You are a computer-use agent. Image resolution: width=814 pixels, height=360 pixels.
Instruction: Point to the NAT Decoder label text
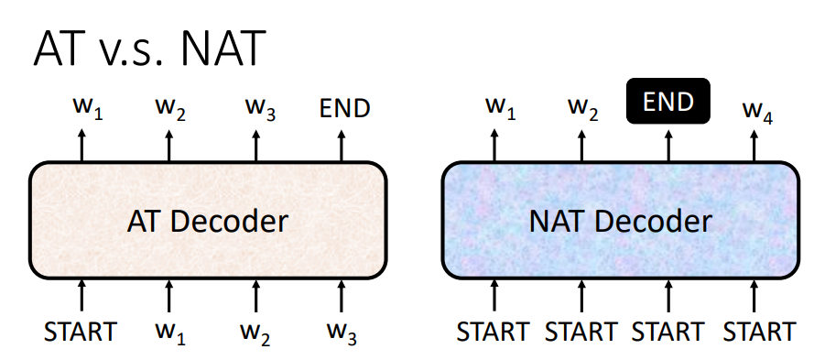click(x=620, y=221)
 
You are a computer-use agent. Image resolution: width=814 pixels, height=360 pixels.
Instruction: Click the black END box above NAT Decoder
click(x=667, y=102)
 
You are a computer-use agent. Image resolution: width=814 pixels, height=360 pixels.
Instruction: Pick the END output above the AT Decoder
click(x=344, y=108)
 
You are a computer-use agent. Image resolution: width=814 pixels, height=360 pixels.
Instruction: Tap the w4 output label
click(x=756, y=112)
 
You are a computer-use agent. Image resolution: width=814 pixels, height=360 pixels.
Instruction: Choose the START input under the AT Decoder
click(x=81, y=331)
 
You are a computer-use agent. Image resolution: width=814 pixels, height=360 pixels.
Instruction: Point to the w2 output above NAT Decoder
click(x=581, y=108)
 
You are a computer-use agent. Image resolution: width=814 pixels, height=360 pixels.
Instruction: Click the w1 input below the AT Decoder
click(x=169, y=332)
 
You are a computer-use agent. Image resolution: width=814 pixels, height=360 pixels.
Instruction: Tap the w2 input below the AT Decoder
click(x=256, y=332)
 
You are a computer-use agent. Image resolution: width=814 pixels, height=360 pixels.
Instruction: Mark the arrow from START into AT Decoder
click(x=81, y=295)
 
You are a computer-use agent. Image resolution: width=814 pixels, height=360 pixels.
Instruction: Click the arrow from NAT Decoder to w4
click(x=754, y=145)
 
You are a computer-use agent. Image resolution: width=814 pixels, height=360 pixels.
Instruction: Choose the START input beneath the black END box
click(x=668, y=331)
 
